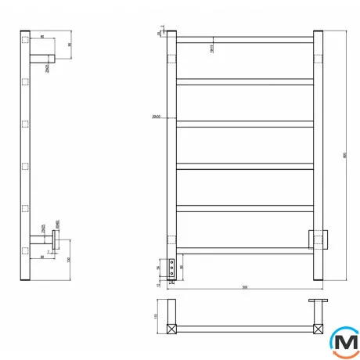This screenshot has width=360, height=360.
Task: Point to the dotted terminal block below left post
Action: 171,265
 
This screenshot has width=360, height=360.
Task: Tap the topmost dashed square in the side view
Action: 26,38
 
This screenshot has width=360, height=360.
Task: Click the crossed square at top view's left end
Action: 171,328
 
